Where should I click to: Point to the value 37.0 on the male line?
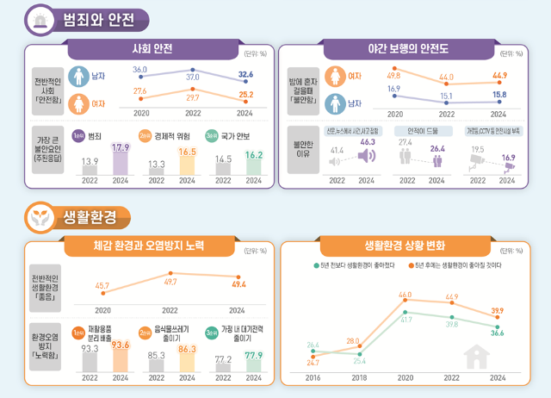193,77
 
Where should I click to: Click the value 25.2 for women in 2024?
245,95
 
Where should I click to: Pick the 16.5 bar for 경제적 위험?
187,164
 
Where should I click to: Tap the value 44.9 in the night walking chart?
498,75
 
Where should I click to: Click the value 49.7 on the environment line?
170,282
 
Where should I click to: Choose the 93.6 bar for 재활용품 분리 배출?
121,358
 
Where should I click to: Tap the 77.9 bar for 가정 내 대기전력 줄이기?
253,361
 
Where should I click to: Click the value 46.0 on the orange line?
405,295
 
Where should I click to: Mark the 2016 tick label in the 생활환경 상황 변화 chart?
313,377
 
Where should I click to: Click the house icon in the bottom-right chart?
474,356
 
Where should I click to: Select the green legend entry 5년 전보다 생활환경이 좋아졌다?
354,266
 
